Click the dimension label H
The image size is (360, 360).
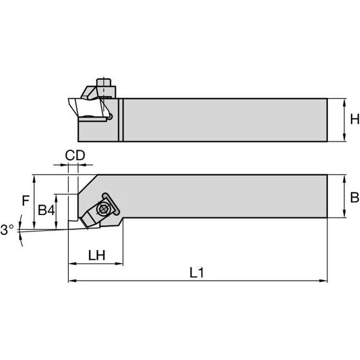(354, 120)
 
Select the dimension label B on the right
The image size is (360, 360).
(354, 196)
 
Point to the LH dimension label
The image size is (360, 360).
(97, 255)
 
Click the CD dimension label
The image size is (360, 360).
(75, 156)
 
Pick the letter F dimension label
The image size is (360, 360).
(26, 201)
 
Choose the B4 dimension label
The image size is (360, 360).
(46, 210)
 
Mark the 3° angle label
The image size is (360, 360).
(7, 230)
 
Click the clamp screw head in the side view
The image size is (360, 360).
(104, 82)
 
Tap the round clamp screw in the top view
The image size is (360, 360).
(102, 208)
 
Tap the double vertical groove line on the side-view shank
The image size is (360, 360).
(121, 120)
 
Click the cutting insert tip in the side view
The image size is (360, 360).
(70, 100)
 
